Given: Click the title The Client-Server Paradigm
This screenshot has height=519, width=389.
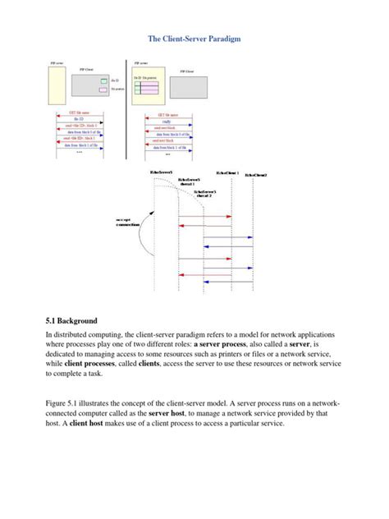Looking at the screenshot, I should (x=194, y=39).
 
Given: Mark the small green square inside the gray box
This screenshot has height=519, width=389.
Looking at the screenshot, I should (x=103, y=80).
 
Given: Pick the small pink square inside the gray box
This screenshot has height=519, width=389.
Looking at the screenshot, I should (x=103, y=90).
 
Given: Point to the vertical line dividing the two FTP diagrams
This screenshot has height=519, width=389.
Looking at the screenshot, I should (x=125, y=107).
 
